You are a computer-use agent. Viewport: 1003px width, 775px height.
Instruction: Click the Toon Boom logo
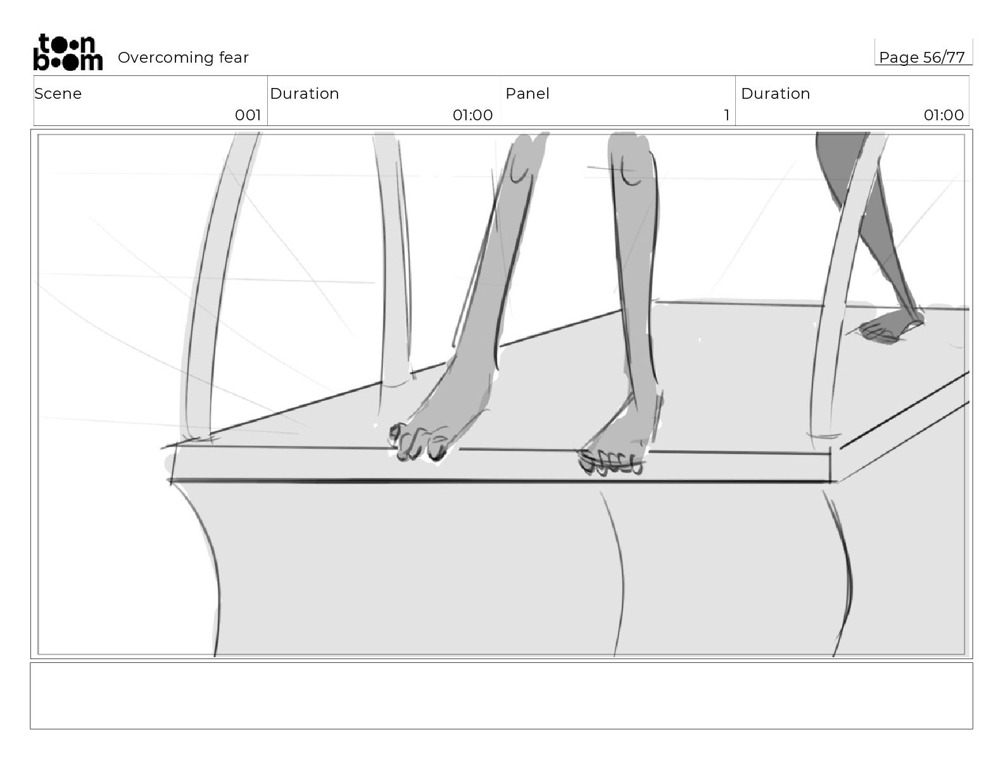tap(67, 53)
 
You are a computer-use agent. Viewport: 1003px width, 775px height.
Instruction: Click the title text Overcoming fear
tap(183, 58)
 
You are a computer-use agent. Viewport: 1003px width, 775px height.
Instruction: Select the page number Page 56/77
tap(921, 58)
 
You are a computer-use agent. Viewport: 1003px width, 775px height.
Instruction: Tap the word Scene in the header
tap(58, 94)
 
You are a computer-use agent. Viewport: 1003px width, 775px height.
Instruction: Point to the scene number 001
tap(248, 115)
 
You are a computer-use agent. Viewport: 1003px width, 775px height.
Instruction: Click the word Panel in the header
tap(527, 94)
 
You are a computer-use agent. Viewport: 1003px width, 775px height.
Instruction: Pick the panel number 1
tap(726, 115)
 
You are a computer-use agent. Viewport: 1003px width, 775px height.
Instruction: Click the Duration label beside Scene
tap(304, 94)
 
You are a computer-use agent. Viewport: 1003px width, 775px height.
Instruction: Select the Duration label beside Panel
tap(775, 94)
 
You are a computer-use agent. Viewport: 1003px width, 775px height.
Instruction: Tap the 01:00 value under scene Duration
tap(472, 115)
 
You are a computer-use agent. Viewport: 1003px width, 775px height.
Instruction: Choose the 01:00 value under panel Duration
tap(943, 115)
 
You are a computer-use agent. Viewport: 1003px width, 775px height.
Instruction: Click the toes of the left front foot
tap(418, 443)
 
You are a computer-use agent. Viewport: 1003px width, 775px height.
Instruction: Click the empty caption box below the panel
tap(501, 695)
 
